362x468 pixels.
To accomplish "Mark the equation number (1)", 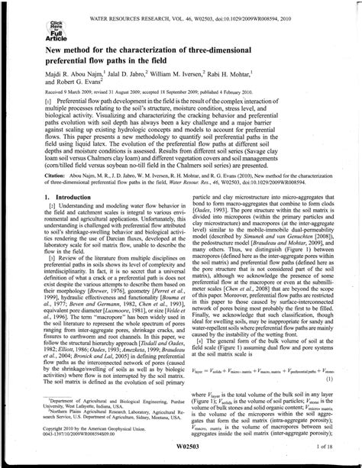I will (x=330, y=378).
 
